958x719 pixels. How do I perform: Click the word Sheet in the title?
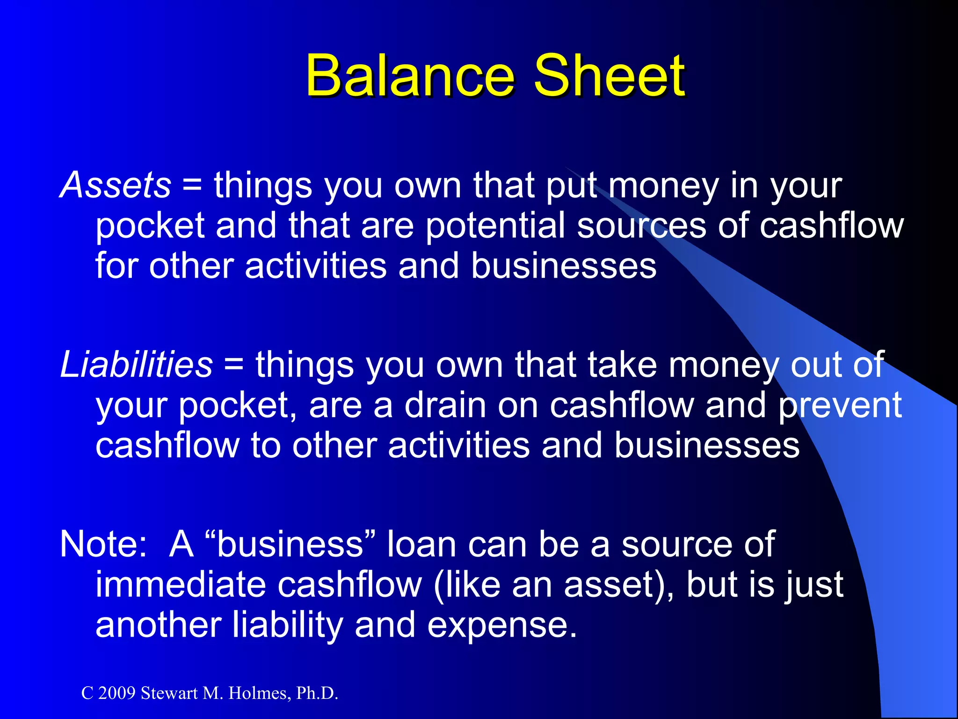click(609, 75)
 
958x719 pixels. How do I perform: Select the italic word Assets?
click(116, 185)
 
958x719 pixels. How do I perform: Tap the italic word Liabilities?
click(136, 365)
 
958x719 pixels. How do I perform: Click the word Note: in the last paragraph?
click(103, 544)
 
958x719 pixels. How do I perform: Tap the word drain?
click(445, 405)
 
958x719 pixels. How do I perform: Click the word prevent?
click(840, 405)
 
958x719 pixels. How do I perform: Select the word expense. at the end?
click(502, 625)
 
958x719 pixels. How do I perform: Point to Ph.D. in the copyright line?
click(317, 693)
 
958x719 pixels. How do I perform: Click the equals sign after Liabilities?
click(233, 366)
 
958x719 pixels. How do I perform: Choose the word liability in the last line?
click(287, 625)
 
